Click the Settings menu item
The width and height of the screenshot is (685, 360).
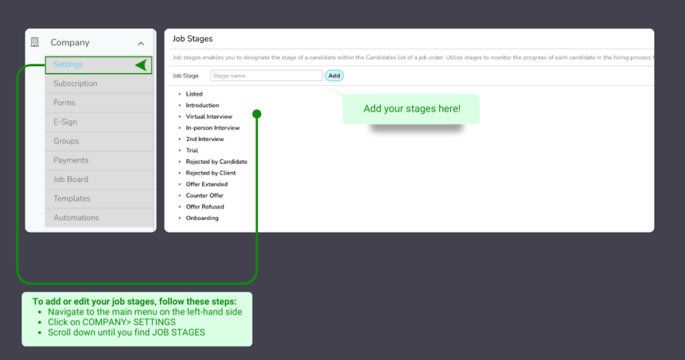68,65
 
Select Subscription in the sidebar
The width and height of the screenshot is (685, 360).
76,84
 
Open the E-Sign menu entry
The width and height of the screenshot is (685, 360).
66,122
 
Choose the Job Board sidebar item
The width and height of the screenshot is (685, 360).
71,179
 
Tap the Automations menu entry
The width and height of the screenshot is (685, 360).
76,217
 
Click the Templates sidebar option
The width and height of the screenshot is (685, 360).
72,199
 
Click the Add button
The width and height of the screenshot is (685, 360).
334,76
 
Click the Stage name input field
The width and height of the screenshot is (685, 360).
266,76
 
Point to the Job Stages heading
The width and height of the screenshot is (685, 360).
193,39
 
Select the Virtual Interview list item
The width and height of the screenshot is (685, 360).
209,116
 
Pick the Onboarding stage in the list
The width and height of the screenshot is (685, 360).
202,218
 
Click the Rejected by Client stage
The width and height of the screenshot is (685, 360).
211,173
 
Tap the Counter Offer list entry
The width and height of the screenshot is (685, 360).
205,195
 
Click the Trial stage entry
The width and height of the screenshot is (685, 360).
192,151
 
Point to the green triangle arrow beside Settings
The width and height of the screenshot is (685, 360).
140,65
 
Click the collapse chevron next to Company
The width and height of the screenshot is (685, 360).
140,43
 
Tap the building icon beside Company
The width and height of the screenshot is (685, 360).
35,42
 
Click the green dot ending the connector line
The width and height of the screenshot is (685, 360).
257,114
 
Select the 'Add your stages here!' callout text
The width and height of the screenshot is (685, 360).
412,108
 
